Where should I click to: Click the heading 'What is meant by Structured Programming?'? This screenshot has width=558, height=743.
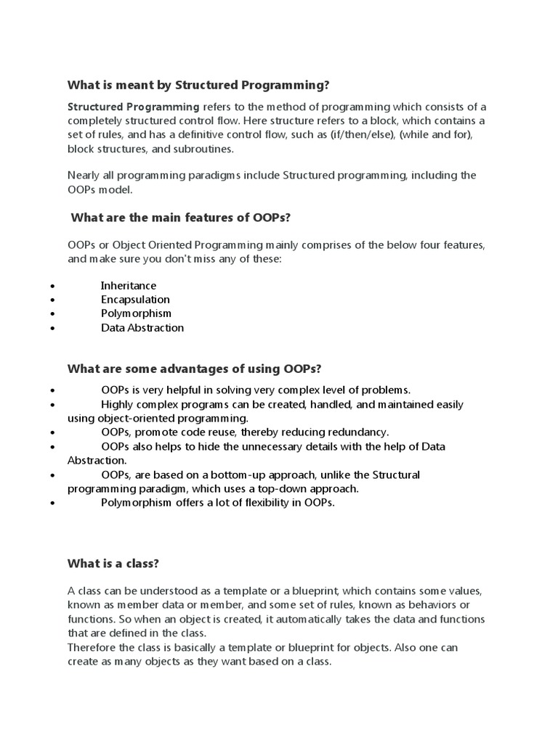click(x=198, y=85)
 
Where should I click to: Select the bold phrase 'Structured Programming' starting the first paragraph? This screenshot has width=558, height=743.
click(x=133, y=106)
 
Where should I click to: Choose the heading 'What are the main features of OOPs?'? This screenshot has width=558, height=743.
click(x=180, y=218)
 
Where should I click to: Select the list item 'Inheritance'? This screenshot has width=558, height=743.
click(x=129, y=285)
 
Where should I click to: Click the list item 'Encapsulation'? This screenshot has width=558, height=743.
click(x=135, y=299)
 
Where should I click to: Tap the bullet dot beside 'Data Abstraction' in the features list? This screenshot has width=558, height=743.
click(x=52, y=328)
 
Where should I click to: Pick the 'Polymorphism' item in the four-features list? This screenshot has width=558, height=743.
click(x=136, y=313)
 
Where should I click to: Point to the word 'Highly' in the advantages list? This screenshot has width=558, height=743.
click(x=116, y=404)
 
